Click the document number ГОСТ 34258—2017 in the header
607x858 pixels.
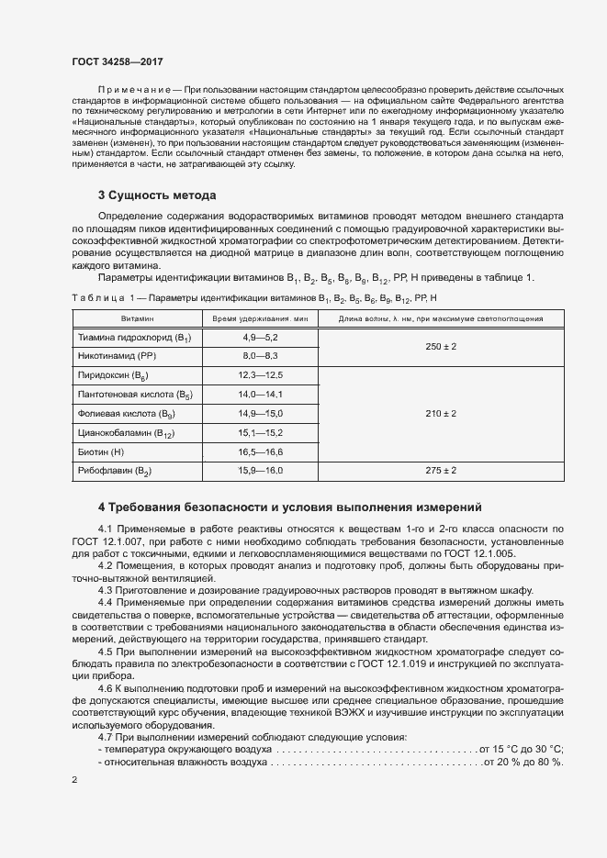coord(118,61)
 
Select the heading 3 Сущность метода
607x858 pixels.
coord(157,195)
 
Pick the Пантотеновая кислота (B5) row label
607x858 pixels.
coord(129,395)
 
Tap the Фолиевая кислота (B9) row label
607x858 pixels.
coord(121,414)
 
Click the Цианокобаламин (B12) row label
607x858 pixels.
coord(126,433)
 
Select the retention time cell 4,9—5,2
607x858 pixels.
coord(260,338)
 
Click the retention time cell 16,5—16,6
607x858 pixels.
coord(260,452)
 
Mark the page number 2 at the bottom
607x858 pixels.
coord(74,780)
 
